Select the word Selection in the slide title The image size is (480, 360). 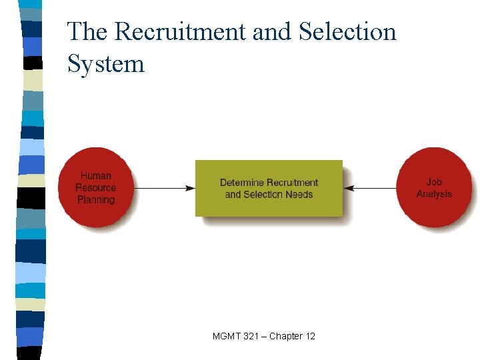coord(347,32)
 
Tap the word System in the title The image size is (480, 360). coord(105,64)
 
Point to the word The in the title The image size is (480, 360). coord(89,32)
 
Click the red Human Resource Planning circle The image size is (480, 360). coord(96,187)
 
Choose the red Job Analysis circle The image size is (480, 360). coord(434,187)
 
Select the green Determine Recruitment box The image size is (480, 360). coord(269,188)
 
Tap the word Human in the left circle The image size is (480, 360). coord(96,176)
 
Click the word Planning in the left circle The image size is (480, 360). coord(96,200)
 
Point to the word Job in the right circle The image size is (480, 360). coord(434,181)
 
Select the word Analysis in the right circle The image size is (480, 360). coord(434,194)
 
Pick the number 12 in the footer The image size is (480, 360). coord(310,336)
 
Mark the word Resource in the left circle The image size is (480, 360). coord(96,188)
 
